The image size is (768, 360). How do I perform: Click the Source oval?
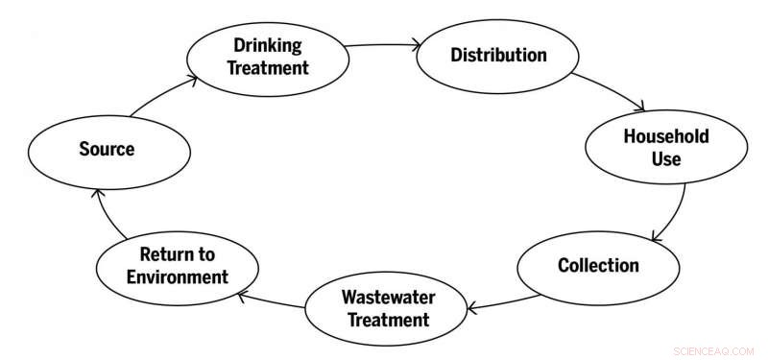pos(108,149)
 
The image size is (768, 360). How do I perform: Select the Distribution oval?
pos(498,55)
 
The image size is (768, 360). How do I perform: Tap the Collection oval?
pos(598,265)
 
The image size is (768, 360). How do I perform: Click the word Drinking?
pos(267,46)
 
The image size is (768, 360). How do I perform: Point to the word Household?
pos(665,136)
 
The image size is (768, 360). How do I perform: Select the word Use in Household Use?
pos(665,159)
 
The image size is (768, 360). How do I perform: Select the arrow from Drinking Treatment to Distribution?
pos(382,44)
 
